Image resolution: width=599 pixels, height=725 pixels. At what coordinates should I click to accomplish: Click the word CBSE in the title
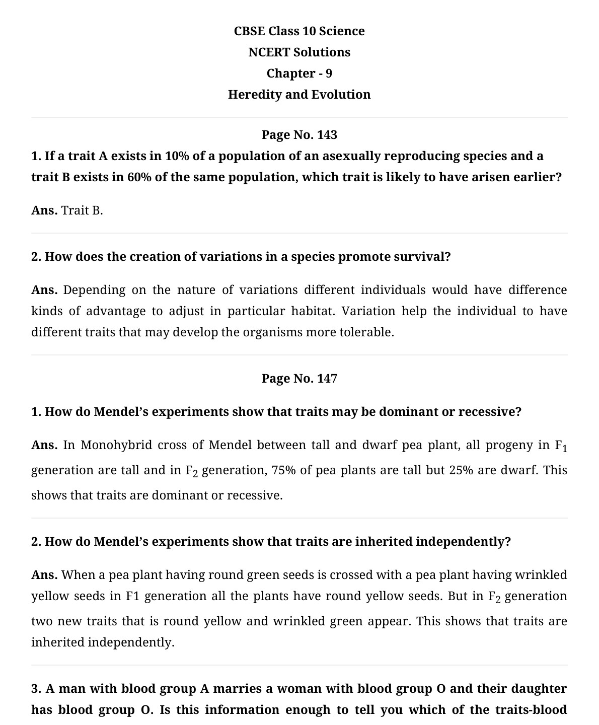[249, 31]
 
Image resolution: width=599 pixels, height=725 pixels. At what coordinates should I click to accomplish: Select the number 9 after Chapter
[329, 74]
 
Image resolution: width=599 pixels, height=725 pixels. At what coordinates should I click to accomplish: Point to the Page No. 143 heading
[299, 135]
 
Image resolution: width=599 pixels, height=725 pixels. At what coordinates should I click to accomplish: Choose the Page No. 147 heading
[299, 379]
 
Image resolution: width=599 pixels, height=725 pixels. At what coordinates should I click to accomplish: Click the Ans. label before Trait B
[44, 210]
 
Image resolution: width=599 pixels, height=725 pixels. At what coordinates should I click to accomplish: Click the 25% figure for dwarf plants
[461, 470]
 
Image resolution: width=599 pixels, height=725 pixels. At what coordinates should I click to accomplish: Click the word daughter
[539, 689]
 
